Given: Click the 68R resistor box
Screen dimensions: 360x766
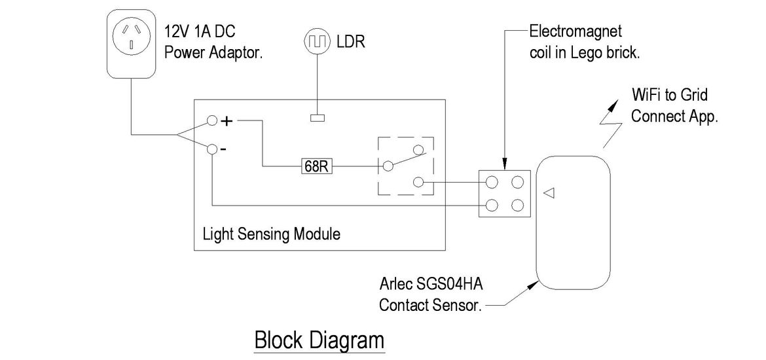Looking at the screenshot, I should tap(318, 166).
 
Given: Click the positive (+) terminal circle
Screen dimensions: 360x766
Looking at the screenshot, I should tap(211, 121).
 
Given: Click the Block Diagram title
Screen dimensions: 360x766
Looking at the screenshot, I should tap(319, 340).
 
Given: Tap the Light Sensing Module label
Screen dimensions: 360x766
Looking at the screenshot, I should tap(271, 234).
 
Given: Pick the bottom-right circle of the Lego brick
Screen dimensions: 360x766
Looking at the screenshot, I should tap(518, 206).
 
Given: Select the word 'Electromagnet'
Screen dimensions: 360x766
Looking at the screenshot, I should tap(575, 31).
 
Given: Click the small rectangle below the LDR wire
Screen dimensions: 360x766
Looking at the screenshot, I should tap(317, 118).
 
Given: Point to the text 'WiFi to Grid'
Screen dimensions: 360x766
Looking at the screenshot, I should tap(669, 96).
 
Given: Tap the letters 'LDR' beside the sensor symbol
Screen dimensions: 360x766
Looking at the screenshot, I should tap(350, 42).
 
